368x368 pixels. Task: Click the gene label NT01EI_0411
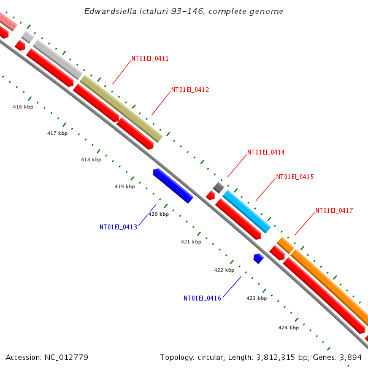150,59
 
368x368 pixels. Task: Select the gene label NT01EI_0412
190,90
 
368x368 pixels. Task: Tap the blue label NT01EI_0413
118,227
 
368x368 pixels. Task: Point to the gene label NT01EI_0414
266,152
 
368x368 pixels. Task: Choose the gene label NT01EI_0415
295,177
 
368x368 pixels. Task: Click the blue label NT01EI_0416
202,298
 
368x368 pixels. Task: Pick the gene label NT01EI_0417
334,210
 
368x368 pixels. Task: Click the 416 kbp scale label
23,107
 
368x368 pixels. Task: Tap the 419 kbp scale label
125,186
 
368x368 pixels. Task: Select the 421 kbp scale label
191,242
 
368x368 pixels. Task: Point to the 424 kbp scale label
288,328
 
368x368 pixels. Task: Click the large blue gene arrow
173,185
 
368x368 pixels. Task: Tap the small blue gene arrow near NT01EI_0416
258,259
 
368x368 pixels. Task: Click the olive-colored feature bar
121,108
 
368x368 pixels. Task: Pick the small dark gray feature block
218,186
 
